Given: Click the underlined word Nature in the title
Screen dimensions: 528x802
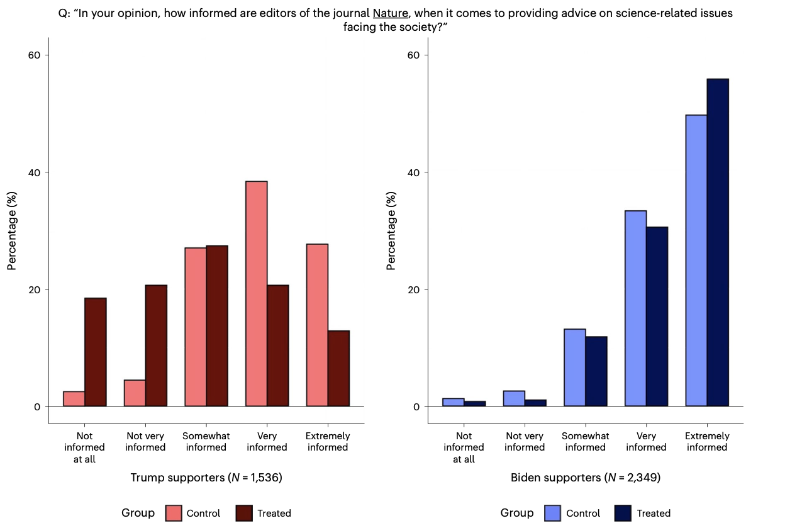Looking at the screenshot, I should coord(390,13).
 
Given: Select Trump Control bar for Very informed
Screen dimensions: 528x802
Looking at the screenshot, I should coord(256,294).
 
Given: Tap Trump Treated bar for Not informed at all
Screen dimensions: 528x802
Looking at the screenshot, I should coord(96,352).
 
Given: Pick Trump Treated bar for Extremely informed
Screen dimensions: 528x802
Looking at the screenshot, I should coord(338,369).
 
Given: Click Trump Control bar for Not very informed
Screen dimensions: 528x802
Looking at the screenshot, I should coord(135,393).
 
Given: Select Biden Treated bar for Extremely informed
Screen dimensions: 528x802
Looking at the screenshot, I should coord(718,243).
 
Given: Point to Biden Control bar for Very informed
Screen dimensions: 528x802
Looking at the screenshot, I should coord(635,308).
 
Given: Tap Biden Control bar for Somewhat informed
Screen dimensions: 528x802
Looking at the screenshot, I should coord(575,368).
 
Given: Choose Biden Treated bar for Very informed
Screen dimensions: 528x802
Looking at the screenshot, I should coord(657,317).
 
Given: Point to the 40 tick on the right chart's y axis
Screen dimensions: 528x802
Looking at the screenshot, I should coord(413,172).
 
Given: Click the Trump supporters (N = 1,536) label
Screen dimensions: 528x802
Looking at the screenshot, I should coord(206,478).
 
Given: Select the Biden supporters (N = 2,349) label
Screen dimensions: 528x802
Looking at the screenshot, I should coord(585,478).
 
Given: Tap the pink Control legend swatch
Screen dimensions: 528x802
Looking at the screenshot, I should coord(174,513).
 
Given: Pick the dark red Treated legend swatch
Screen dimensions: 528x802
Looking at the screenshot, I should coord(244,513).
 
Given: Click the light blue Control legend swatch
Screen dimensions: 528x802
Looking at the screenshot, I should coord(553,513).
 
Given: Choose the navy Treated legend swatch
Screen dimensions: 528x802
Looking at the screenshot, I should coord(623,513).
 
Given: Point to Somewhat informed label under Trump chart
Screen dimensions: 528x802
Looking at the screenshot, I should coord(206,441).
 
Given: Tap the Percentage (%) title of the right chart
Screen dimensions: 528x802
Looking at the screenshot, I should coord(391,231).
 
